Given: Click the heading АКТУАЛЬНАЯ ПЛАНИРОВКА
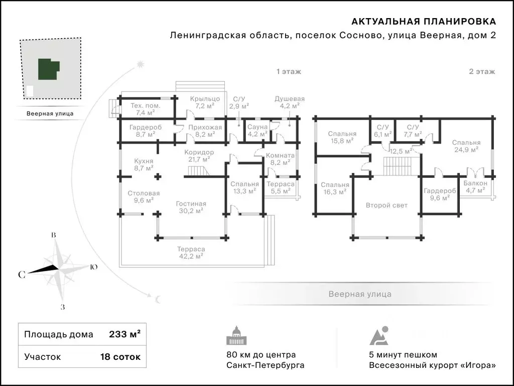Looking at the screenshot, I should pyautogui.click(x=424, y=21).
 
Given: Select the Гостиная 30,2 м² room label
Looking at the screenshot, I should pyautogui.click(x=191, y=207).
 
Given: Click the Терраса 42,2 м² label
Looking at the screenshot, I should pyautogui.click(x=191, y=252).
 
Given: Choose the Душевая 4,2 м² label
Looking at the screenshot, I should pyautogui.click(x=289, y=102).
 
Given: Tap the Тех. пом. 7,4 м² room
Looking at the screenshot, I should pyautogui.click(x=145, y=110).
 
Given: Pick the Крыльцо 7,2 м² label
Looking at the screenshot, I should pyautogui.click(x=205, y=102).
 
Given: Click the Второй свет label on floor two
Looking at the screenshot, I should pyautogui.click(x=387, y=205).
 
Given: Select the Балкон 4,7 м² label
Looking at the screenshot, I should pyautogui.click(x=475, y=187).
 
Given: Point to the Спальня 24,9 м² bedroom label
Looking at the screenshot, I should pyautogui.click(x=466, y=146).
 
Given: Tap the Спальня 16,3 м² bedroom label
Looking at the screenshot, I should pyautogui.click(x=335, y=188).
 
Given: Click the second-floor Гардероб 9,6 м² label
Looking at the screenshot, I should pyautogui.click(x=439, y=195).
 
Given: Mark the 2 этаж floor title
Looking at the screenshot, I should pyautogui.click(x=482, y=72).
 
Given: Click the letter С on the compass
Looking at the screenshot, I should pyautogui.click(x=22, y=274).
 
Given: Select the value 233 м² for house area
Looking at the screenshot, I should pyautogui.click(x=124, y=334).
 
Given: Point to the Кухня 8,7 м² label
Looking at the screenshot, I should pyautogui.click(x=144, y=165).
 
